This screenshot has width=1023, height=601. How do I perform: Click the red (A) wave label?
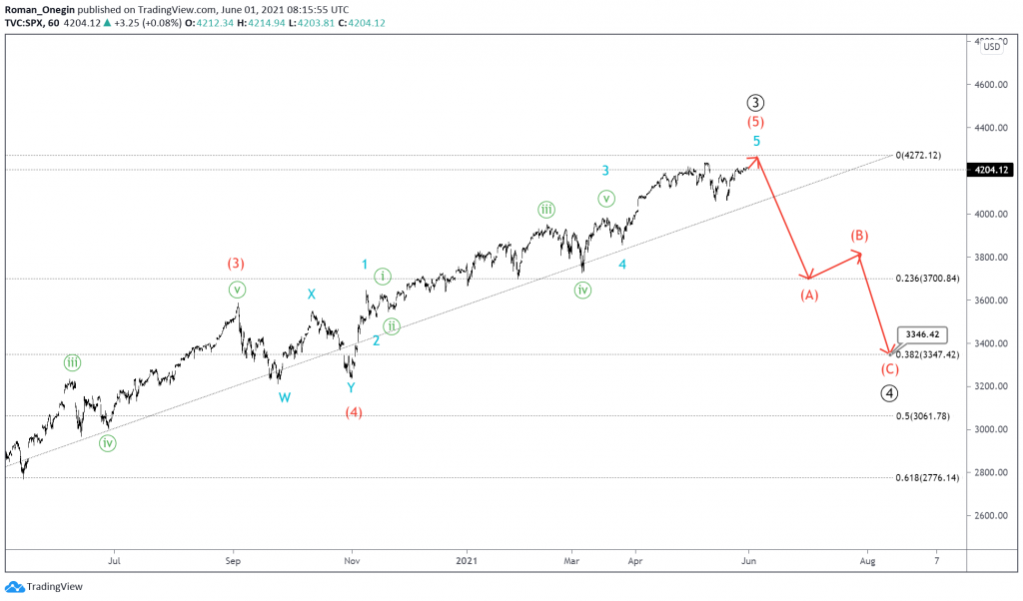pos(809,295)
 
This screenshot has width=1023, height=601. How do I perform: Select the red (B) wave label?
pos(859,236)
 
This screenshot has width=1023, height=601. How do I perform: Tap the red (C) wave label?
pos(889,368)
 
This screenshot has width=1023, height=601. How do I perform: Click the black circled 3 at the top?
pos(756,103)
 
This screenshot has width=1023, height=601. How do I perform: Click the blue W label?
pos(285,397)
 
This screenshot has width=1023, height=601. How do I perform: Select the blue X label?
pos(312,295)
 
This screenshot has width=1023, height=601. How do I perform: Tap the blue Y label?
pos(351,388)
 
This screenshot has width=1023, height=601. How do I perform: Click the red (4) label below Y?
pos(354,411)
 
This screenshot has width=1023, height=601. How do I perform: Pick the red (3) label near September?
pos(236,264)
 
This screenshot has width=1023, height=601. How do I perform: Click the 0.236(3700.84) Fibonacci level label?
pos(927,279)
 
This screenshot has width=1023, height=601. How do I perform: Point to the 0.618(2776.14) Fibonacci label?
pos(927,477)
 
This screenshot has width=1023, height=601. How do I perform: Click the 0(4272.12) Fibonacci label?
pos(927,156)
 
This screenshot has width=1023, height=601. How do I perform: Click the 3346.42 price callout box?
pos(921,335)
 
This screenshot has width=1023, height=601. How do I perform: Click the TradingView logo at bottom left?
pos(35,587)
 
